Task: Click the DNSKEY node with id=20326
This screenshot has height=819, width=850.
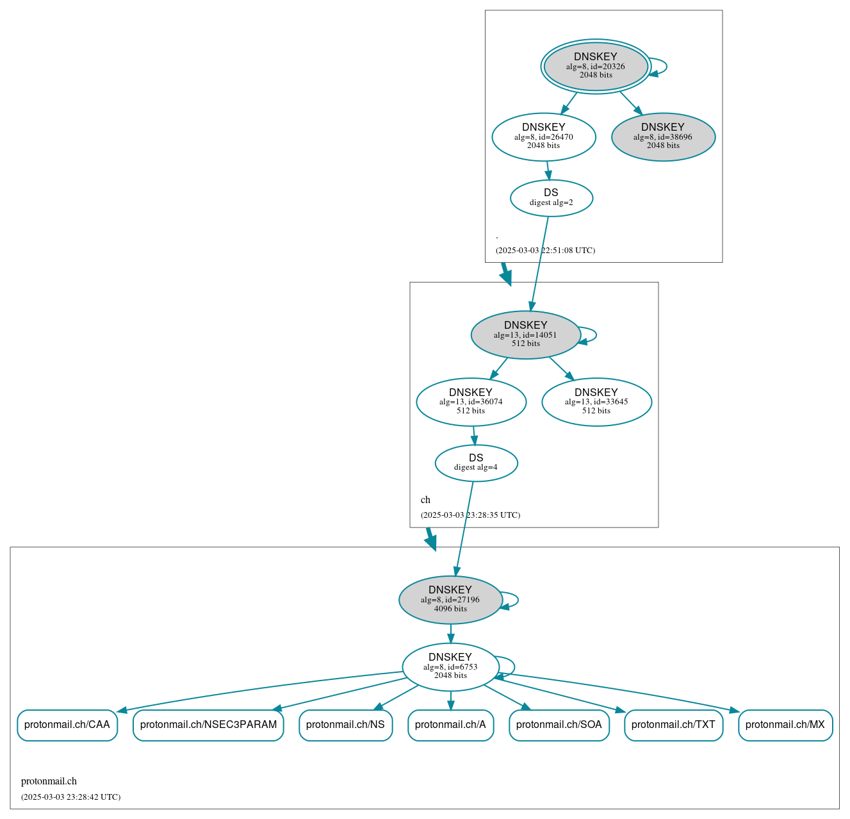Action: click(596, 66)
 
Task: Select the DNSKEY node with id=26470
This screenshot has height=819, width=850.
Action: click(543, 136)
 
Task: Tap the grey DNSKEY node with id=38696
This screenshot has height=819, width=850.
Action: click(663, 136)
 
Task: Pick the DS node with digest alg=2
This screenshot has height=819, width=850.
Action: click(551, 197)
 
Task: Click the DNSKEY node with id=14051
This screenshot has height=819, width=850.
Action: click(525, 335)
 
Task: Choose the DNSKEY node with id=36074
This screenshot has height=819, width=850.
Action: click(471, 402)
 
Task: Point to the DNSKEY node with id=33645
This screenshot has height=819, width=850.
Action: click(596, 402)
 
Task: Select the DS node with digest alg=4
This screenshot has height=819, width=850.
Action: click(476, 463)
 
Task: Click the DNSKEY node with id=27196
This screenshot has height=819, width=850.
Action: click(450, 600)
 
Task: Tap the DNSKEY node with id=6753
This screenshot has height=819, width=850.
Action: click(450, 667)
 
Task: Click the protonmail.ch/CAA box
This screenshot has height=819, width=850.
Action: click(67, 725)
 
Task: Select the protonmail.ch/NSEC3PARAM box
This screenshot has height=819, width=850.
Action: click(208, 725)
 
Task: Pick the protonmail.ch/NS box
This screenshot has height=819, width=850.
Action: click(345, 725)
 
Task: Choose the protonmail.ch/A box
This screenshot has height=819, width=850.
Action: click(450, 725)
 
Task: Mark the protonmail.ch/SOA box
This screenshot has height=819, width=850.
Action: click(559, 725)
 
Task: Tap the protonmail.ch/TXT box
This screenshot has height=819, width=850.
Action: click(673, 725)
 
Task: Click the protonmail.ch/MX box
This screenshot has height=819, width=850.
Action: click(785, 725)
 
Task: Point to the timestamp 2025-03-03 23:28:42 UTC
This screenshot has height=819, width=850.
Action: click(70, 797)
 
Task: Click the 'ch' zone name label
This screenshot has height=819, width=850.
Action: click(425, 500)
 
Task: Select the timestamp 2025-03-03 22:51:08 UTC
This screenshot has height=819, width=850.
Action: click(545, 251)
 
